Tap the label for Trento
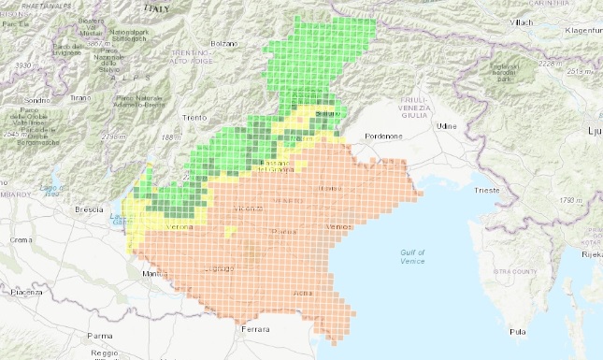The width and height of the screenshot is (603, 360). (x=194, y=118)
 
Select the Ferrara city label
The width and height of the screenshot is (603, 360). (x=253, y=329)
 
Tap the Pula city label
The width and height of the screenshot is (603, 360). (x=515, y=331)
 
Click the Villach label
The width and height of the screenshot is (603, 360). (x=523, y=23)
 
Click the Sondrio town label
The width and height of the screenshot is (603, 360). (x=36, y=100)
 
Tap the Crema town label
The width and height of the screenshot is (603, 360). (x=20, y=240)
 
